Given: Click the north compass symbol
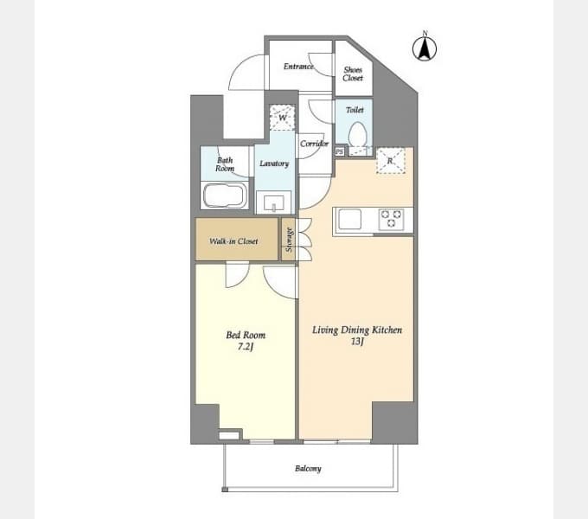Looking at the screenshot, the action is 425,48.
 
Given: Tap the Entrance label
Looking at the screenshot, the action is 298,67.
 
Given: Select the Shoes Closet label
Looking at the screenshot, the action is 353,74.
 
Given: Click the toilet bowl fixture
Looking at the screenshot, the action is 357,134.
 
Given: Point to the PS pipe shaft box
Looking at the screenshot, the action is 339,152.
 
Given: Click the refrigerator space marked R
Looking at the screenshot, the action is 390,161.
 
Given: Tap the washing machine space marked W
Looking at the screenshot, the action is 283,118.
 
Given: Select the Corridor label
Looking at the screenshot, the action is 314,144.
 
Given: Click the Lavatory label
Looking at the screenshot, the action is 274,163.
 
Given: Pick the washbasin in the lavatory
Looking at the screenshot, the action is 274,202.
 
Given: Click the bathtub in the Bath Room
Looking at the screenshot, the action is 225,195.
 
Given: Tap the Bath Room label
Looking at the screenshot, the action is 225,164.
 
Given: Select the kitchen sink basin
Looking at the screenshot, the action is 350,220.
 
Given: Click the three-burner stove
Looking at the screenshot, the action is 391,219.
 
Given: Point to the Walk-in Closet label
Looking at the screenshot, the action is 233,241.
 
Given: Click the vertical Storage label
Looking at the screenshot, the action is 289,240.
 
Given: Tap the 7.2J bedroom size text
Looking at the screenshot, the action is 246,347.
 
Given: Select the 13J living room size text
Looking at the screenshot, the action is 357,342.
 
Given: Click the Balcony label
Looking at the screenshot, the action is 308,469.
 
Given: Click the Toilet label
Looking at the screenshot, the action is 355,110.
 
